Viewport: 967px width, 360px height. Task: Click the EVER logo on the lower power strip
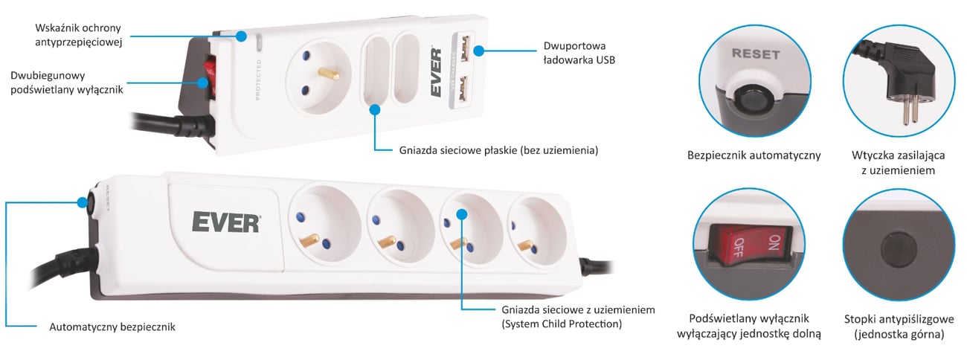(225, 222)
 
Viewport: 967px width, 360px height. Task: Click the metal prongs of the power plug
(906, 112)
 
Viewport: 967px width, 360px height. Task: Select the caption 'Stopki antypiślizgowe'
(899, 319)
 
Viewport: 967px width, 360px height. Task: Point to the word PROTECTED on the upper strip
(257, 83)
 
